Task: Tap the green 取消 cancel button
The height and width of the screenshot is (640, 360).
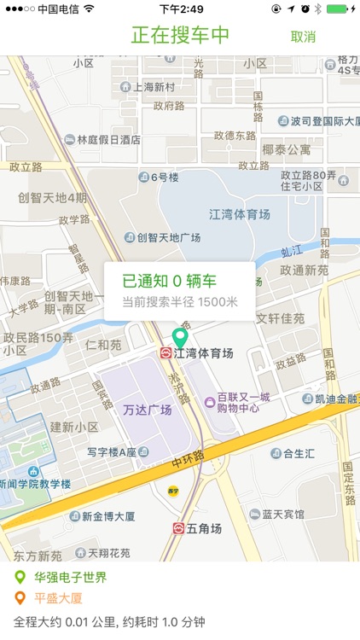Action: click(x=303, y=37)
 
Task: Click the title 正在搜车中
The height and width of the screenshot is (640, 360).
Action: click(x=181, y=35)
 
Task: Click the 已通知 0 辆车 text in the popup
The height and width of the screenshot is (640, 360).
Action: click(x=169, y=281)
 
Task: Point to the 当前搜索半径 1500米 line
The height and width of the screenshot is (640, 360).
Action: click(x=179, y=301)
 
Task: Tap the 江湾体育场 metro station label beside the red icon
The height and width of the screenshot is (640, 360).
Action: click(x=203, y=352)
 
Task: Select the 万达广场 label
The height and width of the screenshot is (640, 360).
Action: click(x=147, y=410)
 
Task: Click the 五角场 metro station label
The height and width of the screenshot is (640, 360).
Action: click(x=205, y=529)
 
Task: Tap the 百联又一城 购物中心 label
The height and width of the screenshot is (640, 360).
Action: click(x=242, y=402)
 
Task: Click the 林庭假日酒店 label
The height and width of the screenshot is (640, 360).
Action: click(x=108, y=140)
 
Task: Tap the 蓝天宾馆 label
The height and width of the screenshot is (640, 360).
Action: click(x=283, y=514)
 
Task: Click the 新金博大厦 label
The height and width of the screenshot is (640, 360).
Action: click(x=108, y=516)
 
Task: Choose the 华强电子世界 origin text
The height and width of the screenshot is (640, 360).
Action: click(x=70, y=578)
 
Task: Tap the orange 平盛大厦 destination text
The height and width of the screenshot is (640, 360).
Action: click(x=58, y=598)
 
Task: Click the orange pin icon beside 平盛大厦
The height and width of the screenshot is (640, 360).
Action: click(x=20, y=598)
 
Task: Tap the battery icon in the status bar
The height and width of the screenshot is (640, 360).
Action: click(x=339, y=9)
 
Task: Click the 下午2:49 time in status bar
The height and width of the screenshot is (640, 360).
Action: click(x=181, y=9)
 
